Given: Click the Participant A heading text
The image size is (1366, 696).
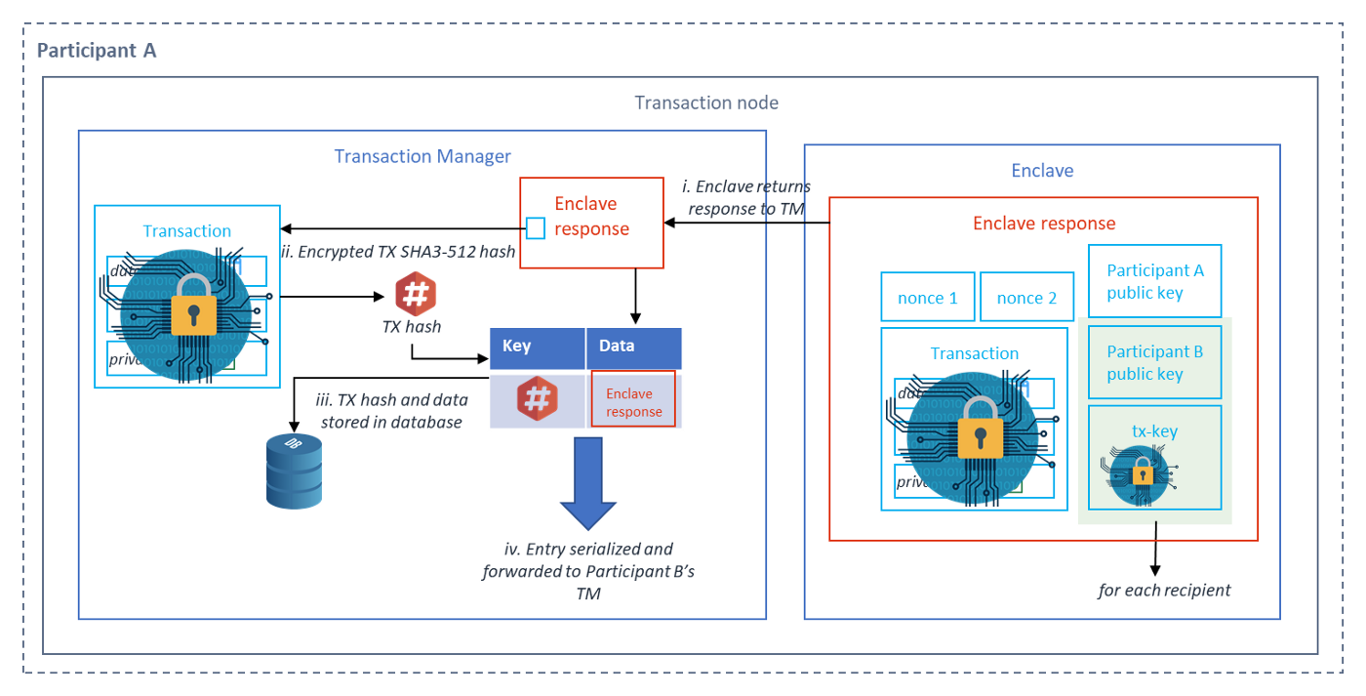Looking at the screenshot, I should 97,51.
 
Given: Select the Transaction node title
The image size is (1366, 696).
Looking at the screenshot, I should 706,102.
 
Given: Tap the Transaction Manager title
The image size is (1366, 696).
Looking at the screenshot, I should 422,156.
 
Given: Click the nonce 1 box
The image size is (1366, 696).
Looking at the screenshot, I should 927,298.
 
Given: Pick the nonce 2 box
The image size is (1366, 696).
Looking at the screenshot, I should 1026,298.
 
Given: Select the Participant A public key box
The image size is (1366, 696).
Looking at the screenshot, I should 1154,281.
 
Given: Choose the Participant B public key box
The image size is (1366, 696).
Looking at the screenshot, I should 1154,363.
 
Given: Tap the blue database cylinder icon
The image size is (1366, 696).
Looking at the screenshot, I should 294,471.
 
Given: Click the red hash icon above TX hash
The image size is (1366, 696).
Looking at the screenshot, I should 416,295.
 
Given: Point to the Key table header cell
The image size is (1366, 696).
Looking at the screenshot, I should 537,348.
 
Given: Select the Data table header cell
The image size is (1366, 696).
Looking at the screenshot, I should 633,348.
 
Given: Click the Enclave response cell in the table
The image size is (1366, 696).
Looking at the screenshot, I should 633,400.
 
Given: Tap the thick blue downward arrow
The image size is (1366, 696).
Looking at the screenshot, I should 587,484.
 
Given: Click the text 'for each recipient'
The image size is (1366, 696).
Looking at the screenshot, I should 1164,590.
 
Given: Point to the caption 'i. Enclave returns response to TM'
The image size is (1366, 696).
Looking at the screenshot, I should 746,197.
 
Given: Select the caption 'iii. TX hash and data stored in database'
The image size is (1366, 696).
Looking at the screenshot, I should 390,411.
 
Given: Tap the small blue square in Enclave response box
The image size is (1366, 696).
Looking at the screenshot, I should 536,229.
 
